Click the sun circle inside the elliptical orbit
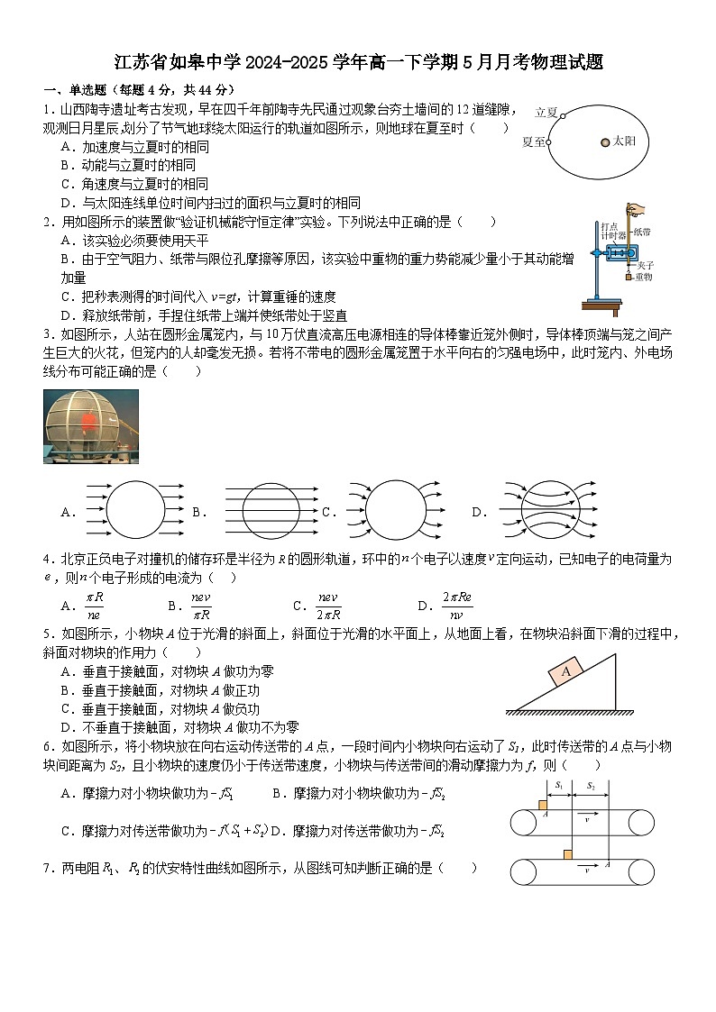click(605, 141)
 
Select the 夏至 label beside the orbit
click(533, 141)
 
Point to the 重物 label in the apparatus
click(643, 277)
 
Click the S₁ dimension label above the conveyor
click(559, 786)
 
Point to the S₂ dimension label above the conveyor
click(591, 786)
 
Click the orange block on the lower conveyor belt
click(568, 854)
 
